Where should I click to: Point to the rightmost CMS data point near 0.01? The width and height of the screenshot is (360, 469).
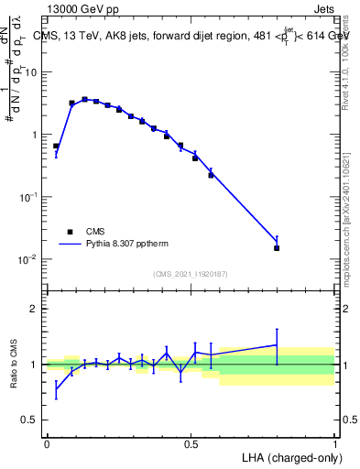point(277,247)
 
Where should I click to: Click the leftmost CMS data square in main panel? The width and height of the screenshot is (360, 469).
point(56,146)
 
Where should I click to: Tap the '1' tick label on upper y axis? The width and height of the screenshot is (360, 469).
point(36,135)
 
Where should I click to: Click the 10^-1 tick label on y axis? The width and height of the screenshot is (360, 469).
point(30,197)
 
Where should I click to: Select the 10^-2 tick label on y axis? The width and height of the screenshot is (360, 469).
point(30,259)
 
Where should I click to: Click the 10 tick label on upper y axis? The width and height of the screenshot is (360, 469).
point(33,72)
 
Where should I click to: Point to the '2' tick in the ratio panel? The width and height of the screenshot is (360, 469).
point(36,309)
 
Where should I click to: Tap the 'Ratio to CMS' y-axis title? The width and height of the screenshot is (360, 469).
point(14,365)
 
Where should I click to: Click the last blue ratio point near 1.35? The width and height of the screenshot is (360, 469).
point(277,345)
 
